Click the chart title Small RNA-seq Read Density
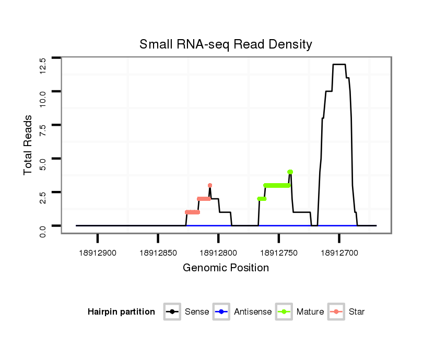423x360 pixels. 226,44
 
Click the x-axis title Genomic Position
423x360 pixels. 226,268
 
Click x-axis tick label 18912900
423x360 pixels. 98,253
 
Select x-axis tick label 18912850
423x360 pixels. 158,253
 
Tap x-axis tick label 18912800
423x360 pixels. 218,253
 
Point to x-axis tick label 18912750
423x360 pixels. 279,253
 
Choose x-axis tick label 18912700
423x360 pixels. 339,253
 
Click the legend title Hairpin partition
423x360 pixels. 121,312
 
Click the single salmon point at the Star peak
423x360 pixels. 210,185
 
